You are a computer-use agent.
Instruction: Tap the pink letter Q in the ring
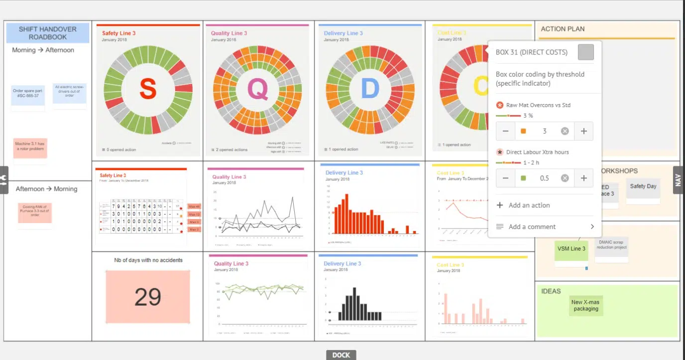[x=258, y=89]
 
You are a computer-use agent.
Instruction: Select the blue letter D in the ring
[x=369, y=89]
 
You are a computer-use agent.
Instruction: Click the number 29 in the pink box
[x=148, y=296]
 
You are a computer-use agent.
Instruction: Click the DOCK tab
[x=341, y=355]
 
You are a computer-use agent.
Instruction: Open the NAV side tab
[x=678, y=180]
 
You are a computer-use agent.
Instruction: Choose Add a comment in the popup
[x=532, y=227]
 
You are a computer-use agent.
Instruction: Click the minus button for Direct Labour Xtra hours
[x=505, y=178]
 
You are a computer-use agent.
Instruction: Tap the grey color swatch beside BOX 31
[x=586, y=52]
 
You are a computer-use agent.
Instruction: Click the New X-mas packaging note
[x=585, y=305]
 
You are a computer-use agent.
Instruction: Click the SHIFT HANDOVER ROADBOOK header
[x=48, y=33]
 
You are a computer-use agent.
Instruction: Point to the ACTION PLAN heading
[x=563, y=29]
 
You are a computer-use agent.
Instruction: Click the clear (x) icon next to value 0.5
[x=565, y=178]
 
